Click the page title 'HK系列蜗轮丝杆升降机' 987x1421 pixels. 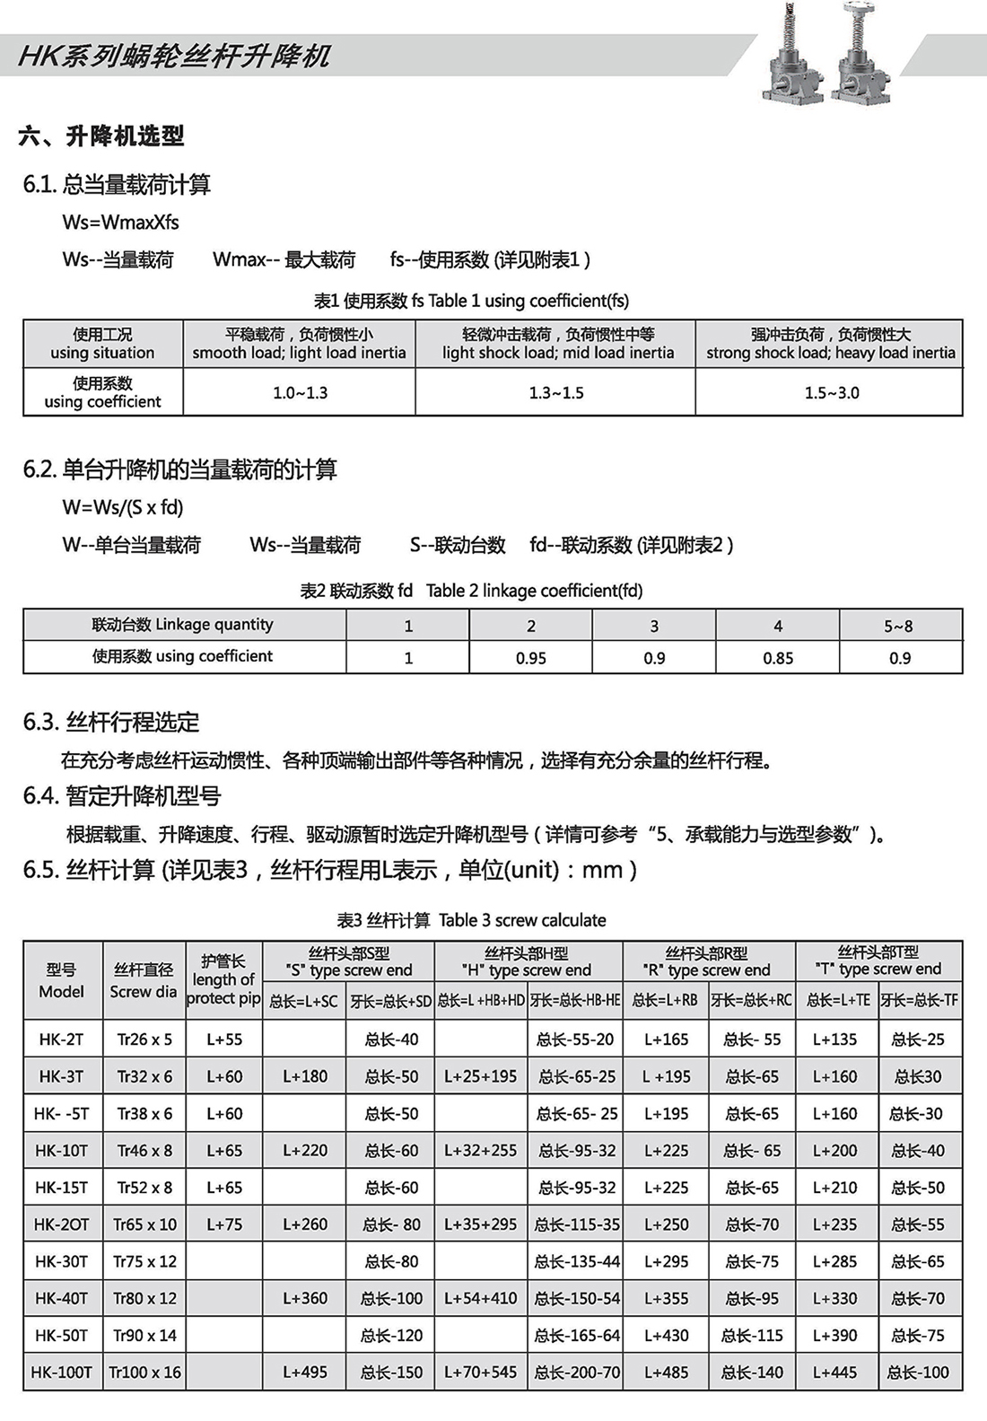point(174,57)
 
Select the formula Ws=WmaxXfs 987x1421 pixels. point(121,222)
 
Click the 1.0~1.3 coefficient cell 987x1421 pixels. point(300,392)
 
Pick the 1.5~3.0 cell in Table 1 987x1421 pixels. point(831,392)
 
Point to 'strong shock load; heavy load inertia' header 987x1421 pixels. point(830,353)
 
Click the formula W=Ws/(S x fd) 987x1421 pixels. point(123,507)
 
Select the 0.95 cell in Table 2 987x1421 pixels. point(530,658)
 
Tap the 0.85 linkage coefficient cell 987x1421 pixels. point(777,658)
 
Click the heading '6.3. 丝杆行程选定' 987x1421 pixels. point(111,722)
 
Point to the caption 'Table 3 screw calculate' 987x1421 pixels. point(522,920)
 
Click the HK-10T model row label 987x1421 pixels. point(62,1150)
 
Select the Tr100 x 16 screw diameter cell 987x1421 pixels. point(144,1372)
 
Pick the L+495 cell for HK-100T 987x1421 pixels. point(305,1372)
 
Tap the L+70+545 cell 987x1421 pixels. point(481,1372)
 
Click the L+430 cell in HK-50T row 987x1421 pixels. point(666,1335)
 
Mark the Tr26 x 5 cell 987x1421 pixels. point(144,1039)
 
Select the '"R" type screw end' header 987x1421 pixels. point(707,969)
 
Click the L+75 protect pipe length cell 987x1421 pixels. point(224,1224)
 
